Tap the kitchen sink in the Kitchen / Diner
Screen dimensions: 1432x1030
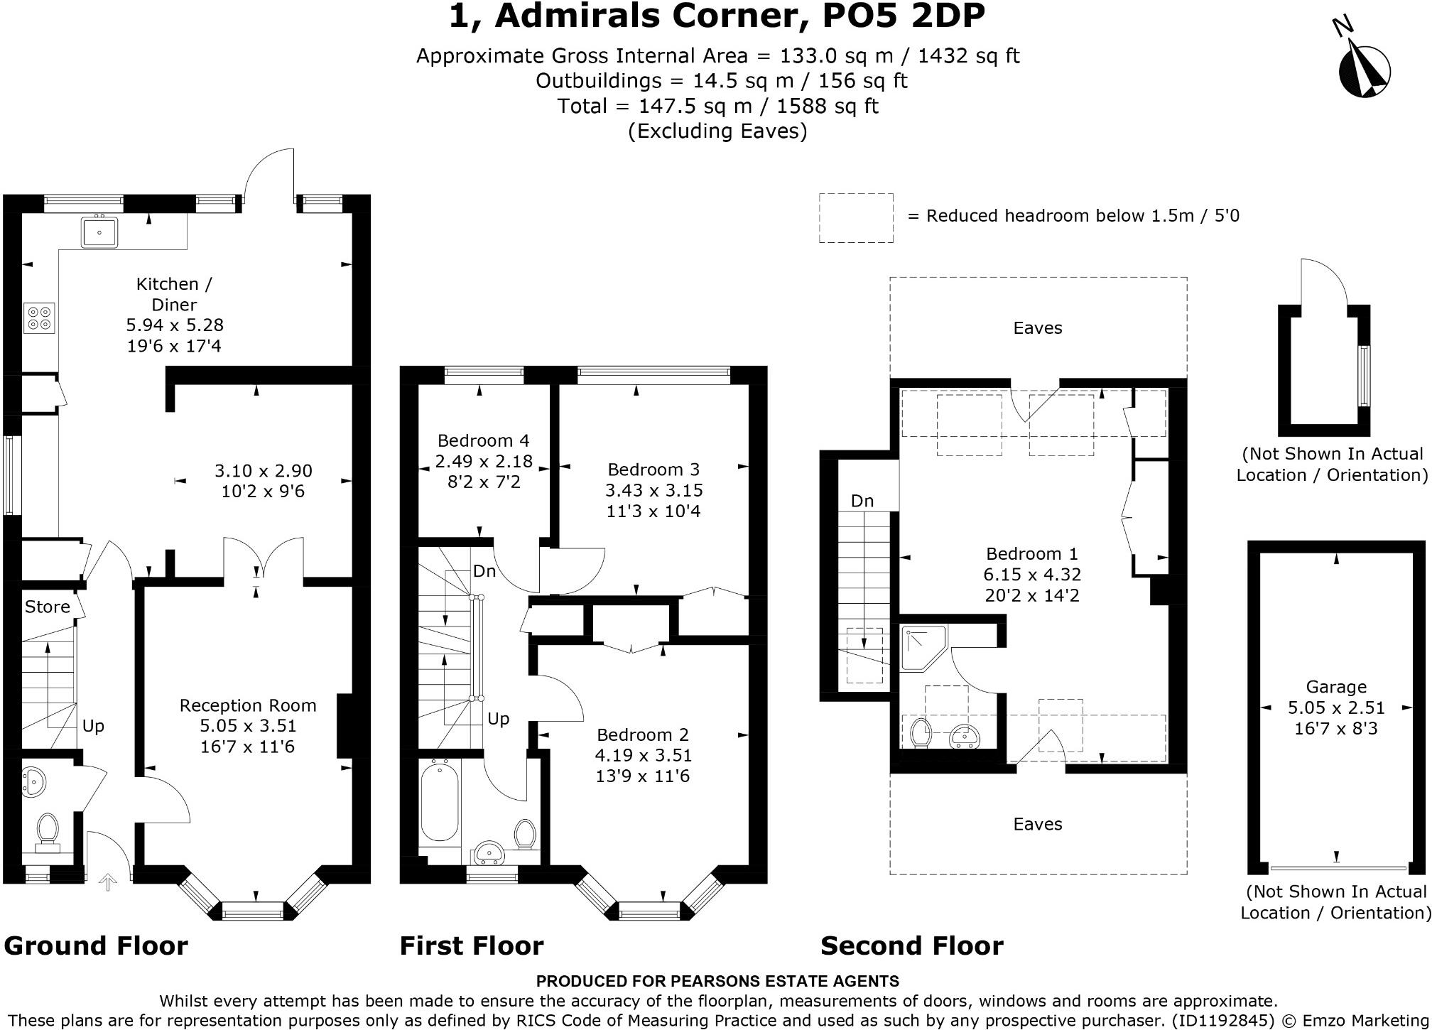click(x=99, y=230)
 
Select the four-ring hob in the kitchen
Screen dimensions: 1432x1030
click(x=39, y=318)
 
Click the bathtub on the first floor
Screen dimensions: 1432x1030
click(x=440, y=803)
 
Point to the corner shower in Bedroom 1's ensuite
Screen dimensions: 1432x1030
click(x=923, y=649)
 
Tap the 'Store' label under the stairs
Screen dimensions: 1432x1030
click(x=48, y=607)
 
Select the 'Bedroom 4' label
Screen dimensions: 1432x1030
click(x=483, y=440)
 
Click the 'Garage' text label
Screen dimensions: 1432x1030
click(x=1336, y=687)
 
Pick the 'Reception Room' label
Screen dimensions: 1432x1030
click(x=248, y=705)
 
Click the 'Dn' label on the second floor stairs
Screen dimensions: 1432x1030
click(x=862, y=501)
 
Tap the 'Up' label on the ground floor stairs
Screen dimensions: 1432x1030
click(x=93, y=726)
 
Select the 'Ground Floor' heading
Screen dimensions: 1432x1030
click(x=96, y=946)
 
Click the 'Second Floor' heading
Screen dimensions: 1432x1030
click(x=912, y=946)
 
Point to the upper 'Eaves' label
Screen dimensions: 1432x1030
click(x=1038, y=328)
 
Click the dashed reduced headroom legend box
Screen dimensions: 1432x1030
click(x=856, y=218)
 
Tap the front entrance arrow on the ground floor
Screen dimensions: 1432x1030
click(x=108, y=882)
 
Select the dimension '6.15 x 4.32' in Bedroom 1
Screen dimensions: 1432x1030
click(x=1032, y=575)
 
